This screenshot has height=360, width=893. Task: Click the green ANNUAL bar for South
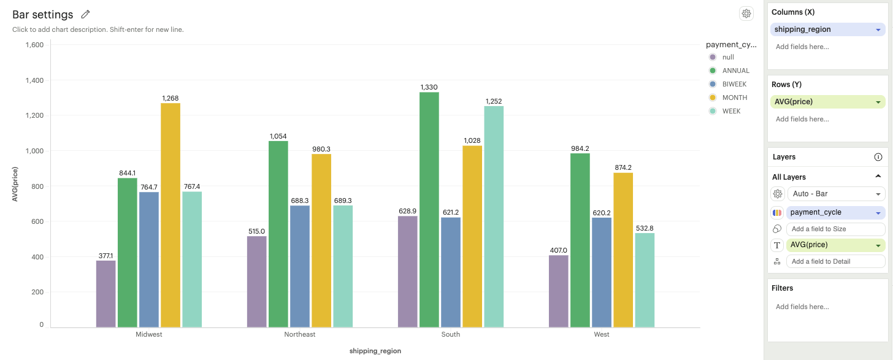(x=429, y=209)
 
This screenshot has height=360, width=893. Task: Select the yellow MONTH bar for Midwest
(x=171, y=215)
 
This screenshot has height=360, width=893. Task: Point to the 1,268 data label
(x=171, y=98)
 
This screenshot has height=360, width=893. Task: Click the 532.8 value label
(x=645, y=228)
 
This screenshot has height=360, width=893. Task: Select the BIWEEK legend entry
(x=734, y=84)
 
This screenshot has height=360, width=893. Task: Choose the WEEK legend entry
(x=731, y=111)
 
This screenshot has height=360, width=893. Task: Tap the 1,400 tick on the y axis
(x=34, y=80)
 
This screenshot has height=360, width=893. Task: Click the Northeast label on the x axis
(x=300, y=335)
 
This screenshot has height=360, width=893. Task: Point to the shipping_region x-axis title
(x=375, y=351)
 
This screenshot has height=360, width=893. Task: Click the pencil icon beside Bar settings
(x=86, y=14)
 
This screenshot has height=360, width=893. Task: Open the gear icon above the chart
(x=746, y=13)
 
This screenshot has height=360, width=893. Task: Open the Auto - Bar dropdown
(x=836, y=194)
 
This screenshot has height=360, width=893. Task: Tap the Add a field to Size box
(x=836, y=229)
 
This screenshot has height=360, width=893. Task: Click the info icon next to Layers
(x=878, y=157)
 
